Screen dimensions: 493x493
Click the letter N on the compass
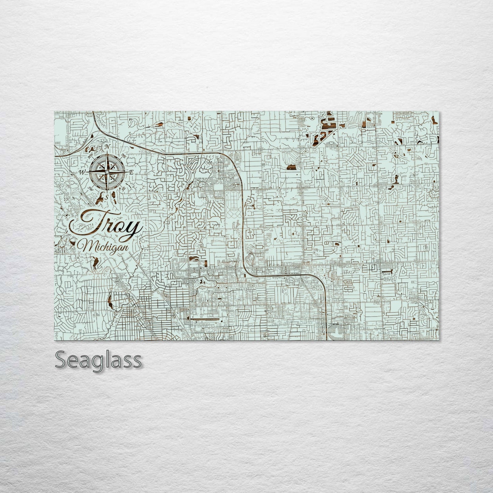(x=107, y=146)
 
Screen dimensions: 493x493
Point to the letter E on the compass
(x=131, y=173)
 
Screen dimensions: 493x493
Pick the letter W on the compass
(x=82, y=172)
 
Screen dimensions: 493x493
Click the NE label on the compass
(x=124, y=156)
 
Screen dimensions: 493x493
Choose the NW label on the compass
(x=91, y=156)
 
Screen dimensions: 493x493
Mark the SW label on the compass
(x=90, y=188)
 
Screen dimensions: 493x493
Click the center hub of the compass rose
(x=107, y=172)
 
